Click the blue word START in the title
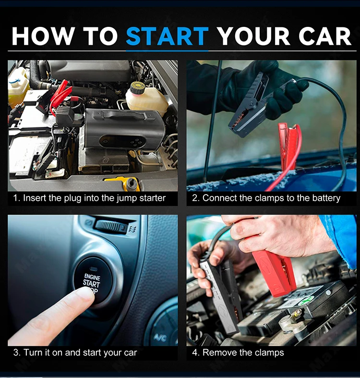pyautogui.click(x=167, y=36)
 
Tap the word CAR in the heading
pyautogui.click(x=324, y=36)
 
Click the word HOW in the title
pyautogui.click(x=43, y=36)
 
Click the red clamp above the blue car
pyautogui.click(x=288, y=145)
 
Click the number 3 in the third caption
pyautogui.click(x=16, y=353)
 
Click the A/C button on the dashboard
pyautogui.click(x=160, y=338)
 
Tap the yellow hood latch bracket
pyautogui.click(x=123, y=183)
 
